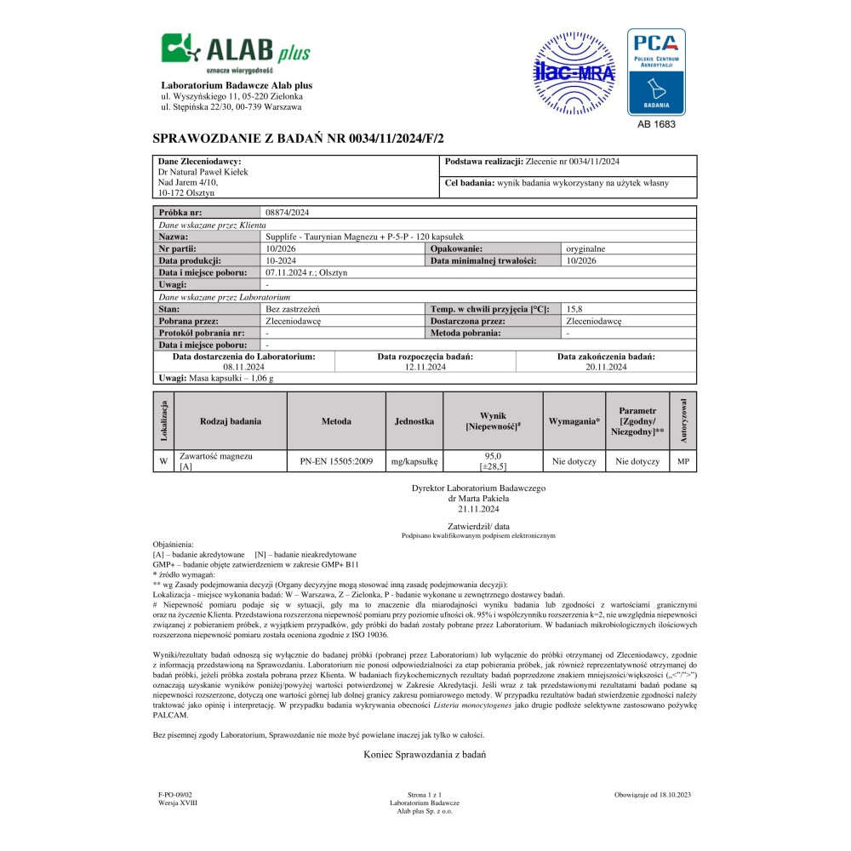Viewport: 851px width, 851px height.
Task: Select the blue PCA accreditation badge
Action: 656,72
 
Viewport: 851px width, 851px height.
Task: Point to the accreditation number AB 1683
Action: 656,124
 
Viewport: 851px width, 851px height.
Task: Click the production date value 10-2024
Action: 281,260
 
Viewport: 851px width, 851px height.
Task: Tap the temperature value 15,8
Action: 574,309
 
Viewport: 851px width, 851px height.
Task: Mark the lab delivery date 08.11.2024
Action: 243,367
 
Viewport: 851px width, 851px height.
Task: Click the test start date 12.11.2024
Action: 425,367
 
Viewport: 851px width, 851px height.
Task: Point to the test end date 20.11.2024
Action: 606,367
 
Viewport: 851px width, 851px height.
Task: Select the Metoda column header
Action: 336,421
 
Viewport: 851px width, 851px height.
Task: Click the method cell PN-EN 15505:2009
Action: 336,461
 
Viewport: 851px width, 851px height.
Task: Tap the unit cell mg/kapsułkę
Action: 414,461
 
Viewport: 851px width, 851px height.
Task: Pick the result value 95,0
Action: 494,456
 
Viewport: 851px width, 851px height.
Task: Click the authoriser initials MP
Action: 683,461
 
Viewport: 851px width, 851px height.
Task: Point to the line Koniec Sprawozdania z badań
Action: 425,755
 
